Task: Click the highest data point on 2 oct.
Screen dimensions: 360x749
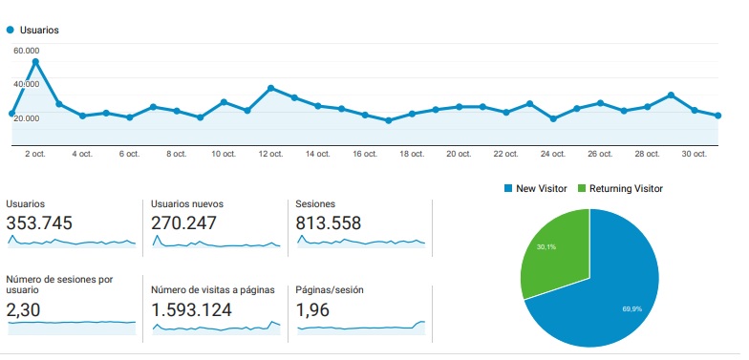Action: point(35,62)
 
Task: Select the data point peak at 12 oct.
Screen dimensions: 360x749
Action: point(271,88)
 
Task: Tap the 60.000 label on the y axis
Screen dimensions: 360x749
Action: point(26,51)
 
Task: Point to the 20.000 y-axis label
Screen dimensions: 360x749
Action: point(26,117)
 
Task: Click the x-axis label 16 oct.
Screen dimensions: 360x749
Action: point(365,154)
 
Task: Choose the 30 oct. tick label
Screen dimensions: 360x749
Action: point(694,154)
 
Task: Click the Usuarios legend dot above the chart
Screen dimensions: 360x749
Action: point(11,30)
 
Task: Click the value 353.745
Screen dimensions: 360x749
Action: point(39,223)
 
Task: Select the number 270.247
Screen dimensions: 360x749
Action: point(184,223)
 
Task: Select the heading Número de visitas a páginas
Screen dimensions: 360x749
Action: point(213,289)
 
